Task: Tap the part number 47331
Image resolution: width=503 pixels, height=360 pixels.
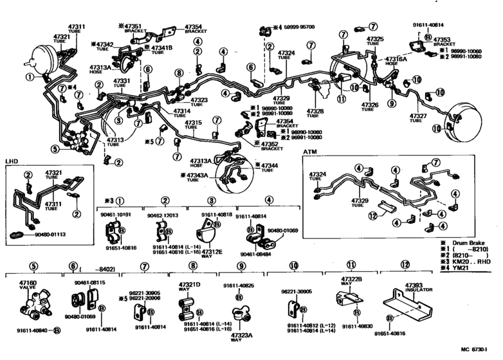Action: (122, 81)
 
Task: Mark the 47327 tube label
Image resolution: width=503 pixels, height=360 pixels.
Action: (419, 116)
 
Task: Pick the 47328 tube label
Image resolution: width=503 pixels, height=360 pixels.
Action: (315, 111)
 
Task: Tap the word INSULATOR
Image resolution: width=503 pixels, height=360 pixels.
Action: (418, 290)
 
